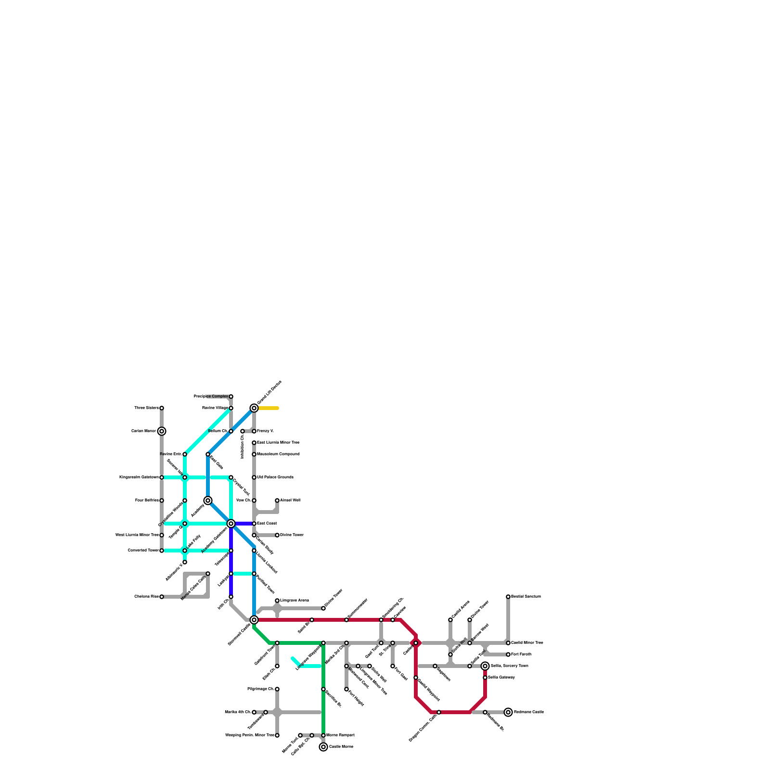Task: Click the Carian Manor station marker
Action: tap(162, 431)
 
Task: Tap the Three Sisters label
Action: tap(146, 408)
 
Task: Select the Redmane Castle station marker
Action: tap(508, 712)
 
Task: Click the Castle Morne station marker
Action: tap(323, 747)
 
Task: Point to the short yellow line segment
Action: tap(269, 408)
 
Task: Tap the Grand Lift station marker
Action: tap(254, 408)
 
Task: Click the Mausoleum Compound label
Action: tap(278, 454)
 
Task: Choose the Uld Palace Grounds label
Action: tap(275, 477)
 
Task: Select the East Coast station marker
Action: tap(254, 524)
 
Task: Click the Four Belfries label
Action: tap(147, 500)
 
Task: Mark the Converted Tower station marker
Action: tap(162, 551)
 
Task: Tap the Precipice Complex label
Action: tap(211, 397)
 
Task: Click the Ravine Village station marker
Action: tap(231, 408)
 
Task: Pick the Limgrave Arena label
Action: tap(295, 601)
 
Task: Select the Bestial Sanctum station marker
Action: tap(508, 597)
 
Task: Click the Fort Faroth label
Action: tap(521, 654)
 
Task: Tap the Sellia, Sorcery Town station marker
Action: tap(485, 666)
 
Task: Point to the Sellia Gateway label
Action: tap(501, 678)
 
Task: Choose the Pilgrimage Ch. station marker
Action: tap(277, 689)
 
